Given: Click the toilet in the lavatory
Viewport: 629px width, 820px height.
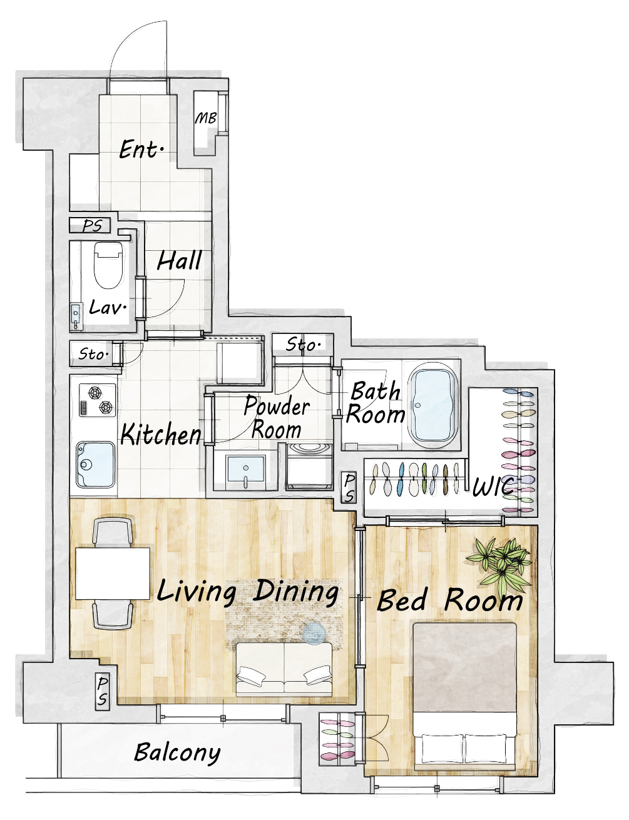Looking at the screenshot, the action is click(x=108, y=265).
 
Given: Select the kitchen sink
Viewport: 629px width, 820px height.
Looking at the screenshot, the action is click(x=95, y=465).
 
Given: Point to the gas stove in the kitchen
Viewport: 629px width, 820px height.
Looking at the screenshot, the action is click(x=98, y=400).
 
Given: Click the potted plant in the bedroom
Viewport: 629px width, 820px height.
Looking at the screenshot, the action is click(x=499, y=564).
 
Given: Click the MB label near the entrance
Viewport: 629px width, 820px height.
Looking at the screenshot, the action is click(x=206, y=118).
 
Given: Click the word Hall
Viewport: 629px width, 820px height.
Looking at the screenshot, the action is click(x=180, y=260).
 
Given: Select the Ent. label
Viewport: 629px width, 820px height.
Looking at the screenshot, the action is click(x=141, y=149).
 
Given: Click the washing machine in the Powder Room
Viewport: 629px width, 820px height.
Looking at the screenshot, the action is click(x=309, y=466).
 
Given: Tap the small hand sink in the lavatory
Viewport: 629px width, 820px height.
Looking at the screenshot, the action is click(x=76, y=315).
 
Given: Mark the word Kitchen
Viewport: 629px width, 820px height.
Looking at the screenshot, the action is click(x=161, y=434).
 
